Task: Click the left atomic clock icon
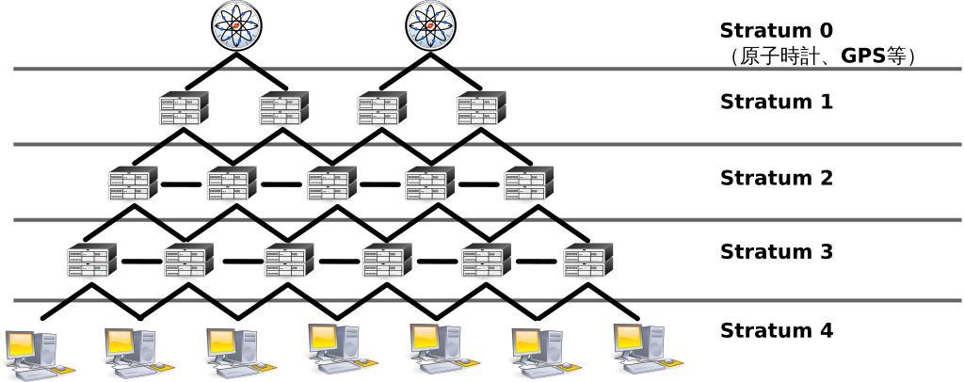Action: coord(235,25)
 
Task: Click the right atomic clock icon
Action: coord(430,25)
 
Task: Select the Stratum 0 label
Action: coord(776,30)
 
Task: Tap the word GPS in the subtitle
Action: coord(863,56)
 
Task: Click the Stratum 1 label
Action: coord(776,102)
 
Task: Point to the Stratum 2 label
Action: coord(776,178)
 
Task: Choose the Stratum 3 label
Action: coord(776,252)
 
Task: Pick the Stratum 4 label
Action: coord(776,331)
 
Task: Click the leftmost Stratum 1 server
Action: coord(184,108)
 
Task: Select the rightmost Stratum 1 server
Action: coord(481,108)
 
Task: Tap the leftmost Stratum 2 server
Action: coord(133,183)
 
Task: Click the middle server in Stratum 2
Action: coord(332,183)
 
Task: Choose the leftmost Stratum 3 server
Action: coord(92,261)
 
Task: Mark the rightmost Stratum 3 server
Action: coord(587,261)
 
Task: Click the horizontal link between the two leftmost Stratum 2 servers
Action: coord(181,184)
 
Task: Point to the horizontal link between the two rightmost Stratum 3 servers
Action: coord(537,262)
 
